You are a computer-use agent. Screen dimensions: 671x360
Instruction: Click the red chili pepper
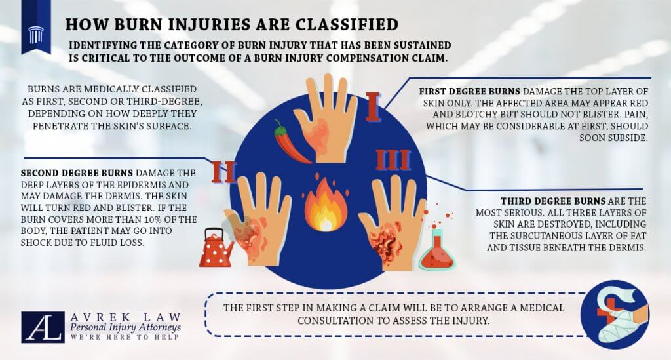(x=291, y=144)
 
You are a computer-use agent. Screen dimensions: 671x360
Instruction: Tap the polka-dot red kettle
(x=216, y=249)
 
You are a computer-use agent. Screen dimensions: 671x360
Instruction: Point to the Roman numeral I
(x=373, y=107)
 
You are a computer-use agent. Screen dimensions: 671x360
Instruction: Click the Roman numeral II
(x=224, y=172)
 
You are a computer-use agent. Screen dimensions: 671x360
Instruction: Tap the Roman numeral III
(x=393, y=160)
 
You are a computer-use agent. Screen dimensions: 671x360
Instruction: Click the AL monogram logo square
(x=43, y=327)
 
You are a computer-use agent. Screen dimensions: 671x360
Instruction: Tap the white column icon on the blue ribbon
(x=36, y=34)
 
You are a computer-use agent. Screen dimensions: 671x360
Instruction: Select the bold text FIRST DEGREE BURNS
(x=469, y=91)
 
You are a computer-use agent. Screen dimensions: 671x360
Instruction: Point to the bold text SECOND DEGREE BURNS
(x=77, y=173)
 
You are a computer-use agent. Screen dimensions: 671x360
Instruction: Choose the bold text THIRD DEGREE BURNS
(x=553, y=201)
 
